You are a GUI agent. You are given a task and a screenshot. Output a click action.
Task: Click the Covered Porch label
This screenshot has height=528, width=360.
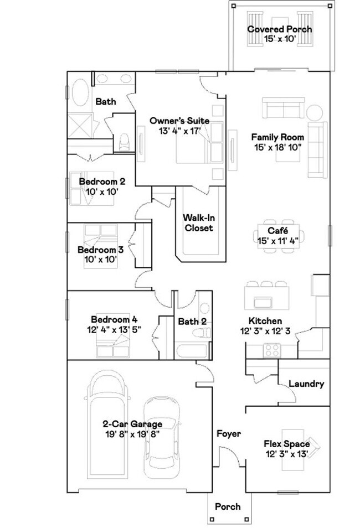click(x=279, y=29)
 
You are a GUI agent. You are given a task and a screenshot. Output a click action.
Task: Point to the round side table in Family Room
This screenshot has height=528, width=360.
click(x=315, y=112)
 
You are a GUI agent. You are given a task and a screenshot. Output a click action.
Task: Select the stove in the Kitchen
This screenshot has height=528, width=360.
click(x=272, y=350)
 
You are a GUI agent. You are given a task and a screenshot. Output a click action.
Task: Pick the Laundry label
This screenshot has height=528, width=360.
click(x=306, y=384)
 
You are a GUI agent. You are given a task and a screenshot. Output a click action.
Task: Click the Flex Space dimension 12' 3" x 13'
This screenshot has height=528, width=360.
click(x=286, y=454)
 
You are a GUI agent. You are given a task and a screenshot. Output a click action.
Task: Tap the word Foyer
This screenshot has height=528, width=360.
click(x=228, y=434)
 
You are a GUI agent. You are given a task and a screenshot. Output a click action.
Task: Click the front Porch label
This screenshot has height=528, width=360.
click(x=228, y=506)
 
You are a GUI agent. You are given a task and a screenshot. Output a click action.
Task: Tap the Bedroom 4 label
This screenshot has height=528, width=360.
click(x=114, y=319)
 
